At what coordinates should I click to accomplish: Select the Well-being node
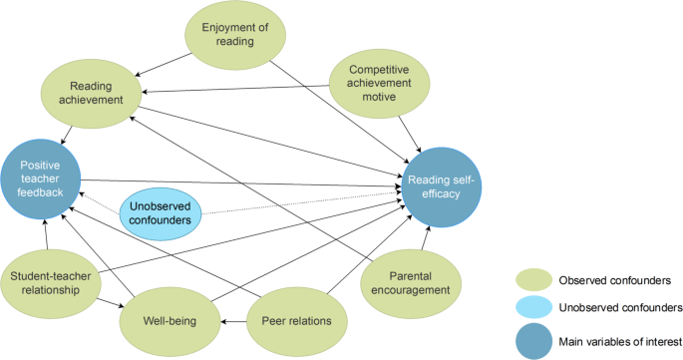(x=169, y=321)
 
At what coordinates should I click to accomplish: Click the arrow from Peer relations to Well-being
(x=232, y=321)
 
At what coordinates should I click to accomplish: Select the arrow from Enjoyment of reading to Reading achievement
(x=165, y=64)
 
